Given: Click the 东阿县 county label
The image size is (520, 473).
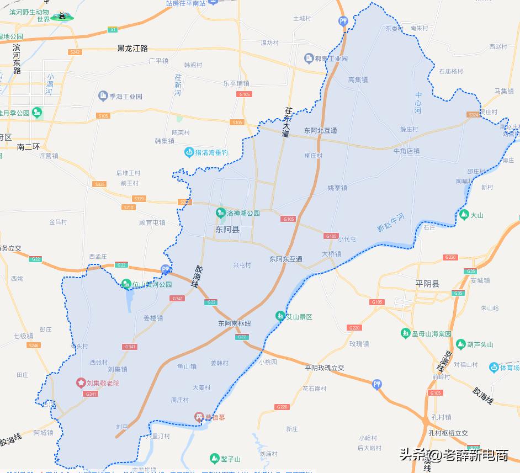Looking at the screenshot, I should pos(227,228).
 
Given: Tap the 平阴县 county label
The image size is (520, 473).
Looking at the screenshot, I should pos(427,284).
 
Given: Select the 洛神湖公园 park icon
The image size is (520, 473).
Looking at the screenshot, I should pos(220,212).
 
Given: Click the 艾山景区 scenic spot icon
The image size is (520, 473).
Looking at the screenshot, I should pos(280,316).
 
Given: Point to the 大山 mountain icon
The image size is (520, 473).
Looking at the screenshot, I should pos(464,214).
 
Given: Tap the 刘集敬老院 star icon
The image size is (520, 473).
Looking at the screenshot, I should pos(81,382).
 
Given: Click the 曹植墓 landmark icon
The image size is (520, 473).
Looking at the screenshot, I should pos(199,417).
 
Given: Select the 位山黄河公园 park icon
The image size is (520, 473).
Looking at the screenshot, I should pos(126,284).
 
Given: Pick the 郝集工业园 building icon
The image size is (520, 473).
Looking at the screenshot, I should pos(309,58).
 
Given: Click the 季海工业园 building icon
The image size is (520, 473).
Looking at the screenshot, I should pos(103,96).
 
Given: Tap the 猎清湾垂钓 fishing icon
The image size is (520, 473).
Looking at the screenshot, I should pos(189,152).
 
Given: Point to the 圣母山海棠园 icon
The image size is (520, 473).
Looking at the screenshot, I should pos(406,333).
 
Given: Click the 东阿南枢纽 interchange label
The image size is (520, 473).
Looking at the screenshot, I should pos(234,323).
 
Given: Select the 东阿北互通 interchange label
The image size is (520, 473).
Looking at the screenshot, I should pos(320,131).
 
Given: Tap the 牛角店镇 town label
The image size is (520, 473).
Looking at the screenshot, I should pos(406,150).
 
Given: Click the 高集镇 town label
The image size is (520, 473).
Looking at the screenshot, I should pos(358,80).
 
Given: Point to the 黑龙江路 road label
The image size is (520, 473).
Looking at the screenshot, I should pos(132,49).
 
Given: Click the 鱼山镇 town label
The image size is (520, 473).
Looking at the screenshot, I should pos(187,366).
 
